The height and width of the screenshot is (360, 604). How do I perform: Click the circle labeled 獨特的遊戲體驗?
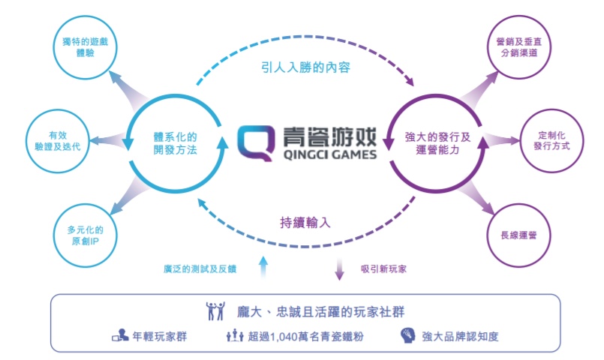pyautogui.click(x=85, y=47)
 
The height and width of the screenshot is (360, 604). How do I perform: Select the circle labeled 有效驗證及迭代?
pyautogui.click(x=58, y=141)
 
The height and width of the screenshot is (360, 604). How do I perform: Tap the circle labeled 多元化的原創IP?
pyautogui.click(x=85, y=235)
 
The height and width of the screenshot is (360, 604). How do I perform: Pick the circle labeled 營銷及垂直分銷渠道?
pyautogui.click(x=519, y=47)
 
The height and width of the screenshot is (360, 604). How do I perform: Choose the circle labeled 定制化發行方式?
pyautogui.click(x=551, y=141)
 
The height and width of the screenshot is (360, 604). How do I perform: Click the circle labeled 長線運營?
pyautogui.click(x=519, y=235)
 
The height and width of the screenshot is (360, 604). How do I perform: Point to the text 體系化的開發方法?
pyautogui.click(x=176, y=143)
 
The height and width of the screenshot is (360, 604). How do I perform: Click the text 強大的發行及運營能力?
pyautogui.click(x=438, y=143)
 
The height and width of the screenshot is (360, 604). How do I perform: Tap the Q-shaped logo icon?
pyautogui.click(x=256, y=142)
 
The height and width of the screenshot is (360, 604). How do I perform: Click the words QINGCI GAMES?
pyautogui.click(x=329, y=154)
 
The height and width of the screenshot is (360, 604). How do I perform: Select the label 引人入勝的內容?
pyautogui.click(x=306, y=67)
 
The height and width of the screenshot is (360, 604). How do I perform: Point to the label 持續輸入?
pyautogui.click(x=305, y=222)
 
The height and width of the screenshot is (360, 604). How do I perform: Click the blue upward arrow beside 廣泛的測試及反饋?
pyautogui.click(x=263, y=267)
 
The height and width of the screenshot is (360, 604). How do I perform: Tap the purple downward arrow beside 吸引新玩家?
pyautogui.click(x=339, y=269)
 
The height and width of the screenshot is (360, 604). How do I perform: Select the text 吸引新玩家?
pyautogui.click(x=383, y=268)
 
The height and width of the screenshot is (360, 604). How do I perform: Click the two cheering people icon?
pyautogui.click(x=215, y=311)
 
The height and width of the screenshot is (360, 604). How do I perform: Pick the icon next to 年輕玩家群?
pyautogui.click(x=120, y=335)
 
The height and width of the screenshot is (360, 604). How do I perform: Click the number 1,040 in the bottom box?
pyautogui.click(x=284, y=337)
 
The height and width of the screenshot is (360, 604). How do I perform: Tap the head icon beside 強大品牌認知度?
pyautogui.click(x=407, y=335)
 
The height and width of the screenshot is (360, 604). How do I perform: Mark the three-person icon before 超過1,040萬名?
pyautogui.click(x=235, y=335)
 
